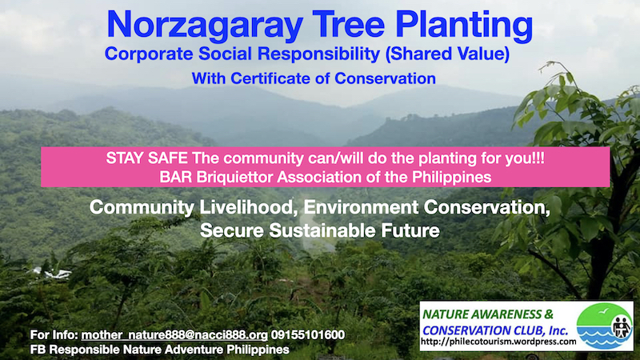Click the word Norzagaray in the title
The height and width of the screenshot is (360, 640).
point(205,26)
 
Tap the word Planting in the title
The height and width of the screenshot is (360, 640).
point(464,26)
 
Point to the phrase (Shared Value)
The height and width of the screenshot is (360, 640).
point(447,54)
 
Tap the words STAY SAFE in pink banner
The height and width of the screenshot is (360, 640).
point(146,158)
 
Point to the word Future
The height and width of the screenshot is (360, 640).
point(410,230)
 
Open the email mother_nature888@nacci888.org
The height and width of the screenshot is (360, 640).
point(174,335)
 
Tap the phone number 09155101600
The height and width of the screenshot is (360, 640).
point(308,335)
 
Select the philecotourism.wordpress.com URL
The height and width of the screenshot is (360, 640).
point(498,342)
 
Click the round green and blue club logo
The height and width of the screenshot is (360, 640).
point(605,326)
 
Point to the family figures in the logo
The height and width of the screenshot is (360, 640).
point(622,326)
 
